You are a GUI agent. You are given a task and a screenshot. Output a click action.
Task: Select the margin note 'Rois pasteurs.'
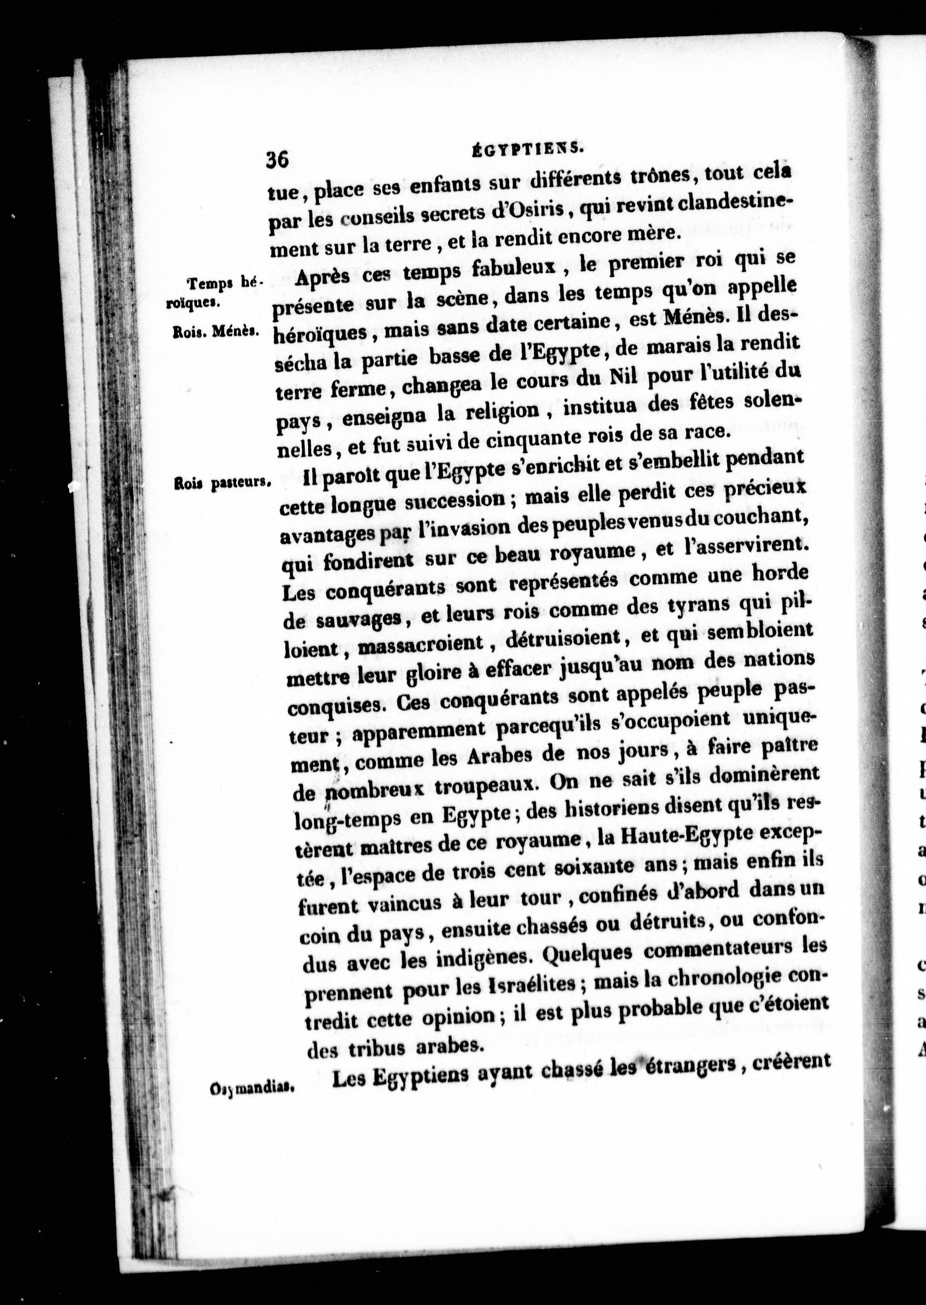(x=222, y=482)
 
